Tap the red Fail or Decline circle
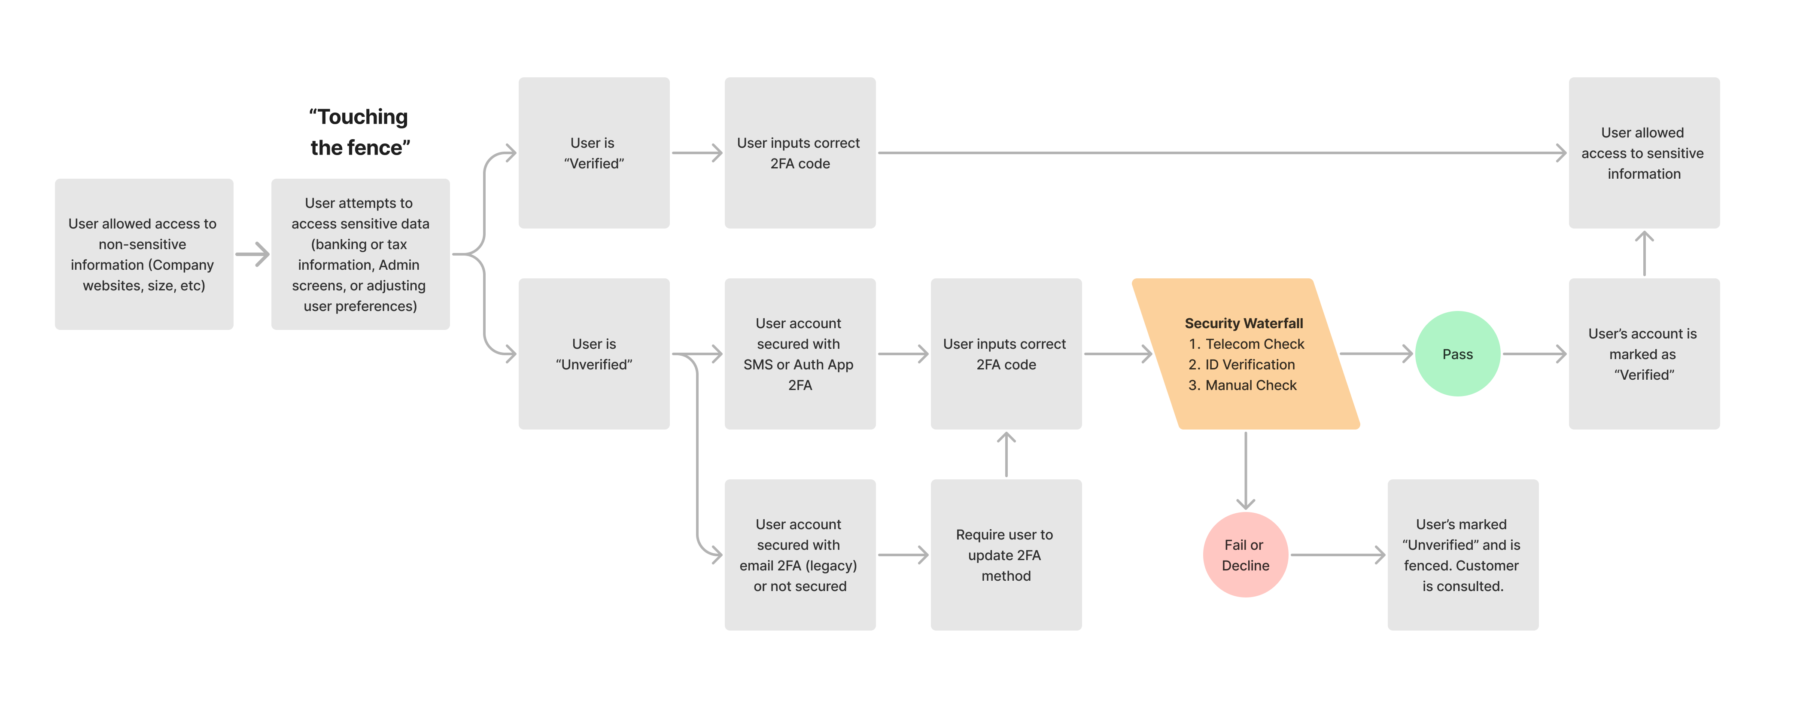[x=1245, y=555]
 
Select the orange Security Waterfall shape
[x=1245, y=354]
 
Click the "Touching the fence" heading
[x=359, y=132]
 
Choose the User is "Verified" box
[x=594, y=153]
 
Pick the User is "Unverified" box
[x=594, y=354]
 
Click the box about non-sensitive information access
[x=144, y=254]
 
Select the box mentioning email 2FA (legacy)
[x=800, y=555]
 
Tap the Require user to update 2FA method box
[x=1006, y=555]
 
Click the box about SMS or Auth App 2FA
[x=800, y=354]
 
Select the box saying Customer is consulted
[x=1462, y=555]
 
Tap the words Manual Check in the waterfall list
[x=1251, y=385]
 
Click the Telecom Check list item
[x=1254, y=344]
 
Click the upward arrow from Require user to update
[x=1006, y=454]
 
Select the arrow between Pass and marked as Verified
[x=1534, y=354]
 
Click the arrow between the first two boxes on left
[x=252, y=254]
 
